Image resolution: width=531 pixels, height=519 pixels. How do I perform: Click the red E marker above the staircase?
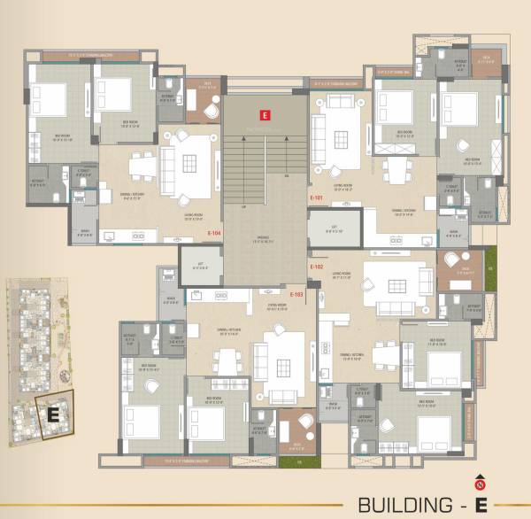point(263,114)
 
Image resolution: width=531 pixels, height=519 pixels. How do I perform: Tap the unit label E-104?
point(213,233)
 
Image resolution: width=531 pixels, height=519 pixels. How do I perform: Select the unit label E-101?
point(316,198)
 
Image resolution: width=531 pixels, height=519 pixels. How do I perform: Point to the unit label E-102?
point(316,266)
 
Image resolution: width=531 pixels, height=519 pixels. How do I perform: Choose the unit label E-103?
point(297,293)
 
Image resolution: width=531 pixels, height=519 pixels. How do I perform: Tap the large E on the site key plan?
point(52,413)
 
